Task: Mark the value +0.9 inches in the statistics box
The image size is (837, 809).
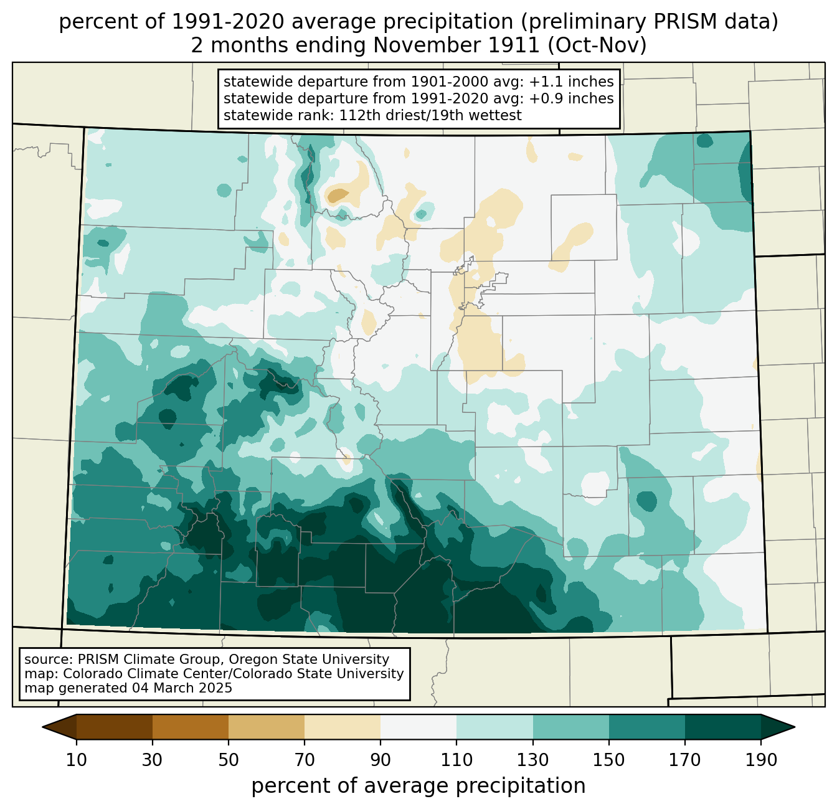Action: [x=571, y=98]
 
